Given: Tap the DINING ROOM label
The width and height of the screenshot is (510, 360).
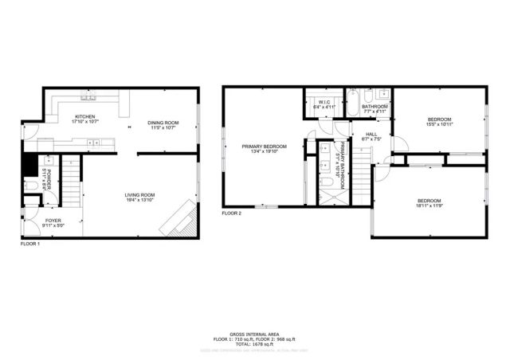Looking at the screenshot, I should (x=163, y=122).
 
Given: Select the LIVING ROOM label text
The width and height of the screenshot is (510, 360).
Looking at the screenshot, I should (x=139, y=194).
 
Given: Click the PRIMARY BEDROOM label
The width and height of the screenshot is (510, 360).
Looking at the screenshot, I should (x=265, y=147).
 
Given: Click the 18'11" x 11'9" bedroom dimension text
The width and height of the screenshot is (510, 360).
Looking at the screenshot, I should (x=429, y=205).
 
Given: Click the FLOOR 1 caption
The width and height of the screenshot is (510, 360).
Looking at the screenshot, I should (x=29, y=244).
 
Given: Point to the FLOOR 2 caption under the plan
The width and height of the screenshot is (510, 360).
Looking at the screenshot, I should (x=231, y=213).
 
